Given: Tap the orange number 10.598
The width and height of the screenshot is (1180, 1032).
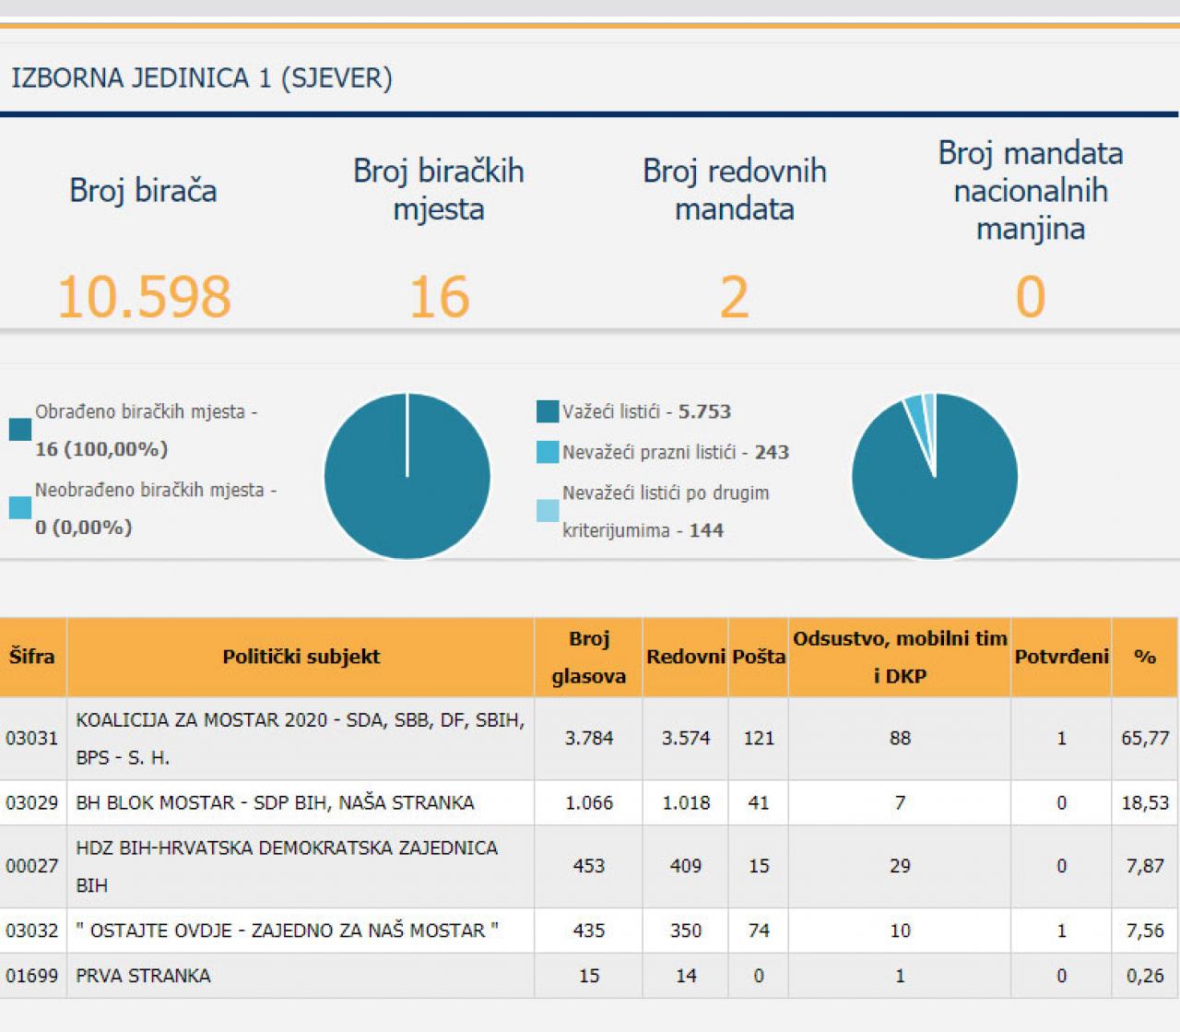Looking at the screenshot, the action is point(144,297).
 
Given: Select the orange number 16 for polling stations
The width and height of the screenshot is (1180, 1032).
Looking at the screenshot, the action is point(439,297).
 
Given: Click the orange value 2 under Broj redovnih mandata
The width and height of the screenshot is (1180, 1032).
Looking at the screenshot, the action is point(734,297).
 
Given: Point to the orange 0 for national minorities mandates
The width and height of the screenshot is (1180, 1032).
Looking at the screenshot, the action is point(1030,297).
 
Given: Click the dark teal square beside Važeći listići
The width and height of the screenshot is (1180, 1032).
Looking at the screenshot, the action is point(548,411).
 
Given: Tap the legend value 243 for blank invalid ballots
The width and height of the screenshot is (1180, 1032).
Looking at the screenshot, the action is point(772,452).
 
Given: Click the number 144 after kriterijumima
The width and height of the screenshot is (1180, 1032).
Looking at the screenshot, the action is point(706,530).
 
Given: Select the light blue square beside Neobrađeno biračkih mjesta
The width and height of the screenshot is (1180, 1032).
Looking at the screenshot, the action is point(20,507).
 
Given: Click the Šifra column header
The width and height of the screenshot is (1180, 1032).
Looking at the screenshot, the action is point(31,657).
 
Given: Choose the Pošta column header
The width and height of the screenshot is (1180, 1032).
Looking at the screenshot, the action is point(759,657).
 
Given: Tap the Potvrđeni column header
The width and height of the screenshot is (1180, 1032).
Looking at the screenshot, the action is point(1061,657).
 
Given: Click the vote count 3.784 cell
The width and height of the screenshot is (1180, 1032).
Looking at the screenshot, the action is point(588,738).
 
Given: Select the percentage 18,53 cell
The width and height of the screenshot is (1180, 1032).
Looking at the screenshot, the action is point(1145,802).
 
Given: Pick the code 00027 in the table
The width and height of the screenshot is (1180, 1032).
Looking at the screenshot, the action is point(31,866).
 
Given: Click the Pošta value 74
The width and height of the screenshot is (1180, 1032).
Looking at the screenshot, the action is point(759,931).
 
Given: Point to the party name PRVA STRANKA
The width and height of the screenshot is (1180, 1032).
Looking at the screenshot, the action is point(143,976).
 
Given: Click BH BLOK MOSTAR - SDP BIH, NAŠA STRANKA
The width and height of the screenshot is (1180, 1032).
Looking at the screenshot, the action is point(275,802).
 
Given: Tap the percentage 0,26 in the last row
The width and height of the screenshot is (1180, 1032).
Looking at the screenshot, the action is point(1145,976).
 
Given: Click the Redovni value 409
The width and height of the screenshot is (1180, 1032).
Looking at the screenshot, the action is point(685,866).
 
